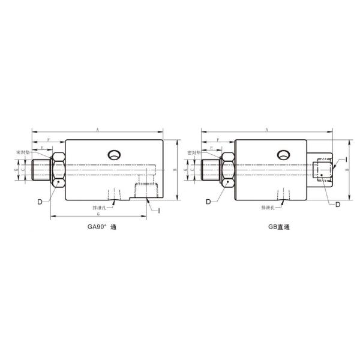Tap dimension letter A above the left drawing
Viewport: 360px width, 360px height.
[97, 128]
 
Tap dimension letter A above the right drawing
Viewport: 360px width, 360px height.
[266, 128]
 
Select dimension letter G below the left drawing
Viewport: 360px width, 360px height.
[97, 214]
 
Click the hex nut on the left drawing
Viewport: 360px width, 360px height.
[58, 170]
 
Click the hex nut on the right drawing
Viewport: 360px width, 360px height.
[228, 170]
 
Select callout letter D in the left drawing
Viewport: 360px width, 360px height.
[40, 202]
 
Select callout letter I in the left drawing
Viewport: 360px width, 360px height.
[158, 209]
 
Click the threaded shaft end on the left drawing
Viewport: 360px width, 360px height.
[42, 170]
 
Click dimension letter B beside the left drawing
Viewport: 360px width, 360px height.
[173, 170]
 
